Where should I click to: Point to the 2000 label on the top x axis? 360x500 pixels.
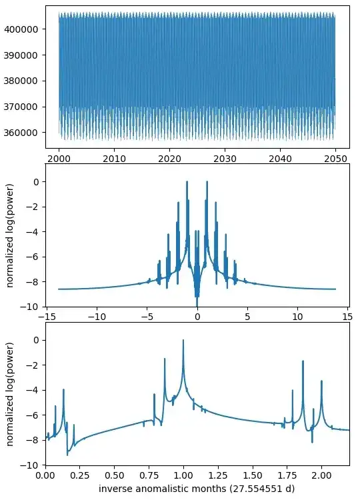tap(59, 159)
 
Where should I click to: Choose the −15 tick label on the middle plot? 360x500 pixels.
tap(47, 317)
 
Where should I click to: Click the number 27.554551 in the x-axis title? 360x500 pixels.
tap(248, 489)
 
